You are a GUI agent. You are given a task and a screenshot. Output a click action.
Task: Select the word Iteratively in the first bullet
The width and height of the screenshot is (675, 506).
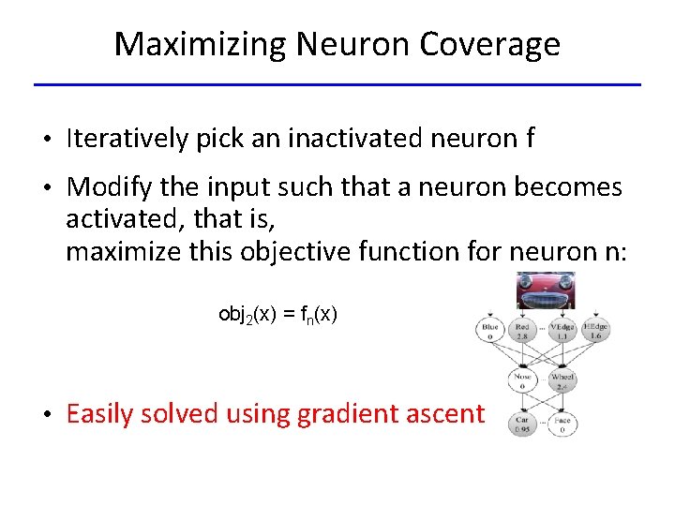coord(127,140)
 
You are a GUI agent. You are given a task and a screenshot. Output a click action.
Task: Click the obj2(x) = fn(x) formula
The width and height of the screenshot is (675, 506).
coord(277,314)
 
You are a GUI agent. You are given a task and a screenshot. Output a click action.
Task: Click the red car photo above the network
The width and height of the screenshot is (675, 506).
coord(546,290)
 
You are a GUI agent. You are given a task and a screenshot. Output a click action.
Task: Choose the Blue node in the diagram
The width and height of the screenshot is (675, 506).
coord(490,329)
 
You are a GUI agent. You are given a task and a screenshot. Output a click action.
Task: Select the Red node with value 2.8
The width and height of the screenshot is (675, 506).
coord(522,329)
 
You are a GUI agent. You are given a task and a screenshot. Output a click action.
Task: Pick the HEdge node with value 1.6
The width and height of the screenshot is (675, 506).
coord(593,329)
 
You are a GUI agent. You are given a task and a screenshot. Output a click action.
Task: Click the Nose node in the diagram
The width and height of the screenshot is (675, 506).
coord(521,379)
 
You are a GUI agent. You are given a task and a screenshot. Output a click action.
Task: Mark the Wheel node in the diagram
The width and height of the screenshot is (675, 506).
coord(562,379)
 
